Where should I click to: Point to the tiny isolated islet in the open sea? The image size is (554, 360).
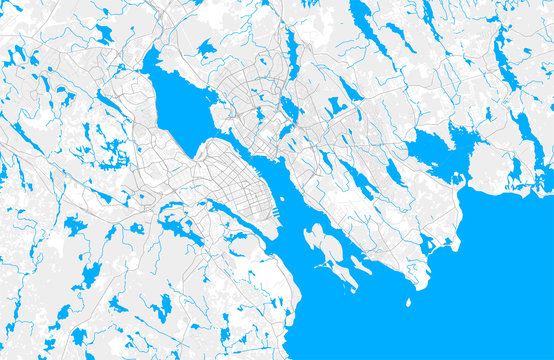tap(408, 301)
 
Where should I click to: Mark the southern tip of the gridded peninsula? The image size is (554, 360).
tap(276, 236)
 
